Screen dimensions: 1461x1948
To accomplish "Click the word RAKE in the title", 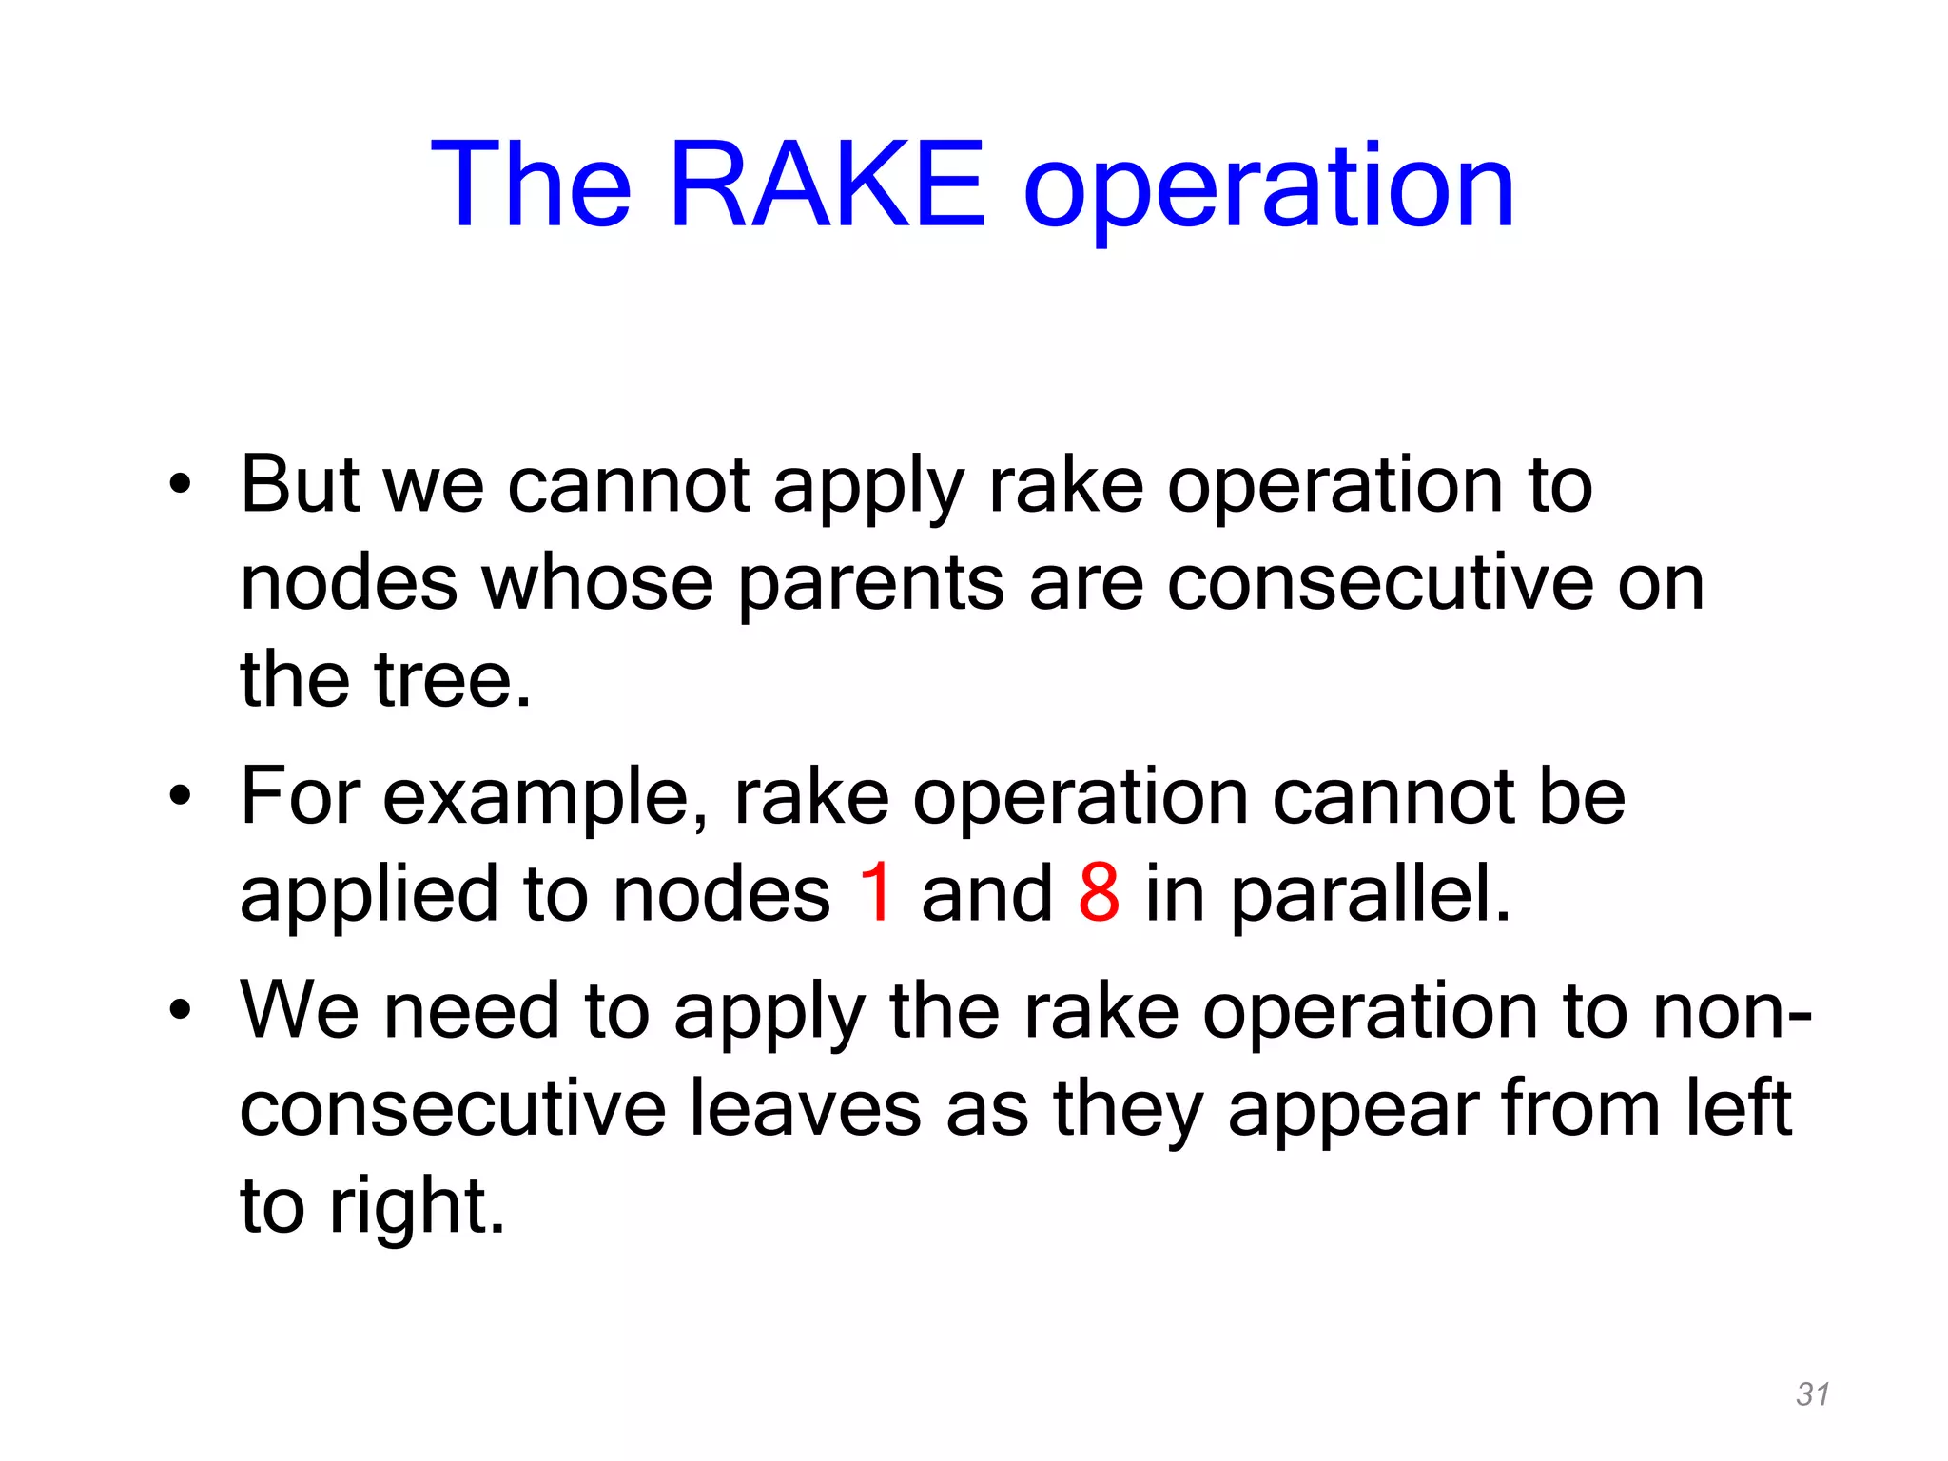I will click(827, 185).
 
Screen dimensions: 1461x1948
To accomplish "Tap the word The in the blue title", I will click(531, 185).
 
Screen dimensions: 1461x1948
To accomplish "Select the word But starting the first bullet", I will click(300, 485).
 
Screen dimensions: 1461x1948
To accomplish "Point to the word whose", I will click(597, 583).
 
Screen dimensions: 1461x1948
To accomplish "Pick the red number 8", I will click(1099, 893).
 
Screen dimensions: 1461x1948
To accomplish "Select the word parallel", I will click(1369, 897).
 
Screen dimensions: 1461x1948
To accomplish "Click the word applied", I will click(368, 897).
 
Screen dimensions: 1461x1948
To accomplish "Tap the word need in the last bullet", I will click(471, 1010).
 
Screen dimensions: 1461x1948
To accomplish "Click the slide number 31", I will click(1812, 1394).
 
